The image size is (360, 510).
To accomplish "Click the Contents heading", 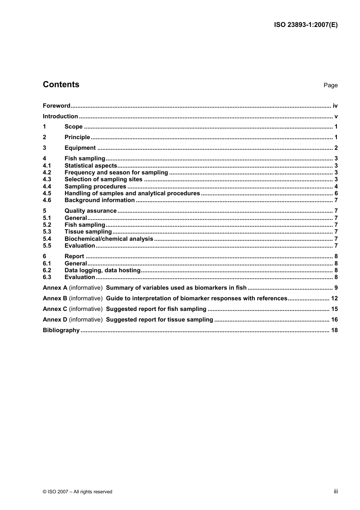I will click(x=61, y=85).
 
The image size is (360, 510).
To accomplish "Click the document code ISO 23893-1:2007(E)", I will click(x=305, y=25).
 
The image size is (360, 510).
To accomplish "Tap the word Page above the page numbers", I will click(x=330, y=85).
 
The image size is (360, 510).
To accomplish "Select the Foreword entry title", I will click(x=56, y=106).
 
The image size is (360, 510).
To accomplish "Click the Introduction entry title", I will click(x=60, y=116).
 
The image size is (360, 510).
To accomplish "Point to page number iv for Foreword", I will click(x=335, y=106).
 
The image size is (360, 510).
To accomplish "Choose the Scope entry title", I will click(x=74, y=127).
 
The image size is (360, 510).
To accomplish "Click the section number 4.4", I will click(x=47, y=187).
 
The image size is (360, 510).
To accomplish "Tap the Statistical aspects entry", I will click(x=91, y=166).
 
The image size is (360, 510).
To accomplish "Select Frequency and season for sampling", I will click(x=116, y=173).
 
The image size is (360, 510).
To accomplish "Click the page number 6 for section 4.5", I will click(x=336, y=193).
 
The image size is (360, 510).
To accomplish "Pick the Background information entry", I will click(x=100, y=200).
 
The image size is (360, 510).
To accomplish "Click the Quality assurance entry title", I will click(x=91, y=211).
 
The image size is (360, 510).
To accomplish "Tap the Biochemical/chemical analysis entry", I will click(x=109, y=239).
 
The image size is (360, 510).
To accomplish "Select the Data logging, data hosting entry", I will click(x=103, y=270).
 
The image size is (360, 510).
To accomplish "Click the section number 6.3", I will click(x=47, y=277).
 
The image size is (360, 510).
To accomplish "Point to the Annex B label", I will click(x=55, y=298).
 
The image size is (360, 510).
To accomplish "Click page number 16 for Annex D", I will click(x=334, y=320).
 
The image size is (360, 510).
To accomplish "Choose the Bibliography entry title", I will click(x=61, y=330).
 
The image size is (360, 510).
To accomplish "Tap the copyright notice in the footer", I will click(x=78, y=492).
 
